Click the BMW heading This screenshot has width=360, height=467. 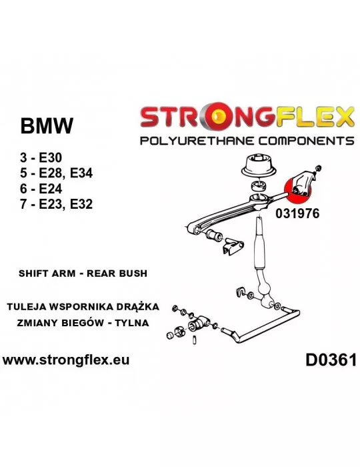[47, 125]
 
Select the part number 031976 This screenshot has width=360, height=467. [297, 213]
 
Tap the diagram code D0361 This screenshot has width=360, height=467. [331, 360]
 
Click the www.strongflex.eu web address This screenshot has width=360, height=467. [66, 360]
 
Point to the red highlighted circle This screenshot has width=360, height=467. [299, 189]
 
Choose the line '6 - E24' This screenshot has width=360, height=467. [41, 189]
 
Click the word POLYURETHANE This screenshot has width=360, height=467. [197, 140]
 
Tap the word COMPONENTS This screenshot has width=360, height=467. [306, 140]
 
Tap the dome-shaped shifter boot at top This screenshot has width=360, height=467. [257, 166]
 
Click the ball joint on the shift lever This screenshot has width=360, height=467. [264, 289]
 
